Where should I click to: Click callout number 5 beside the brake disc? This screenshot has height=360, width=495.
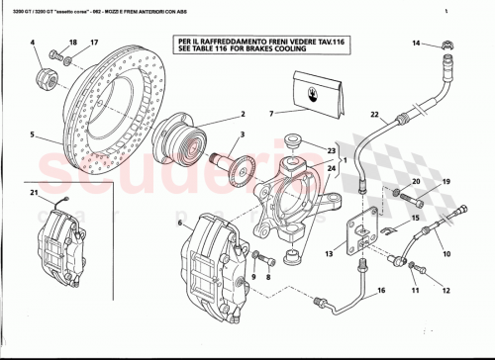31,134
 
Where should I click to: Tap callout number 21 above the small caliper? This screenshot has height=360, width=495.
33,192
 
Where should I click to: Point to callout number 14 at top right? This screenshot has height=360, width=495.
416,44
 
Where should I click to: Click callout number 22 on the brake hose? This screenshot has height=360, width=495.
374,116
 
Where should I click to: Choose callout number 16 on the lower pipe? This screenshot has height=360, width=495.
379,292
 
